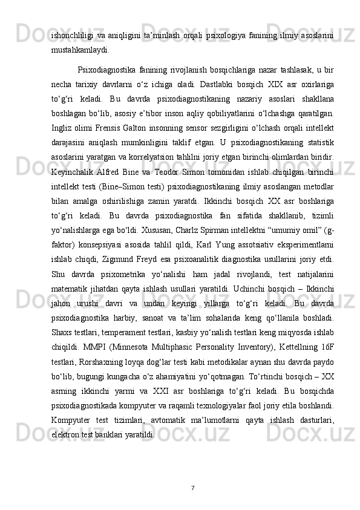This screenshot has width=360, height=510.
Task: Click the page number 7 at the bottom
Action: coord(192,487)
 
